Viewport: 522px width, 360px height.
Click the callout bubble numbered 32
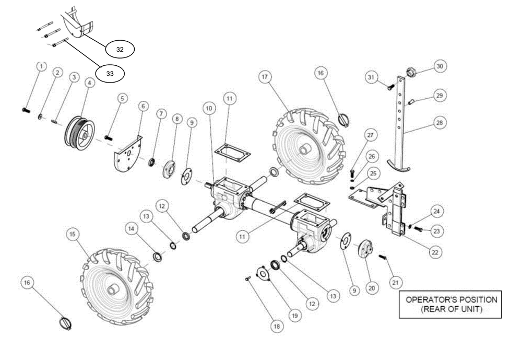click(x=120, y=49)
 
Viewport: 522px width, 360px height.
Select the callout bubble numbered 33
click(x=110, y=74)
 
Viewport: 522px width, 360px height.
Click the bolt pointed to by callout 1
click(x=26, y=110)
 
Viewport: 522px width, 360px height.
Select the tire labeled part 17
click(x=308, y=146)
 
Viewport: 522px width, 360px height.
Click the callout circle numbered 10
click(x=209, y=108)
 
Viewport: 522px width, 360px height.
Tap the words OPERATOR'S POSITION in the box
click(x=451, y=299)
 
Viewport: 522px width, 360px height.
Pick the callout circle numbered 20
click(x=372, y=287)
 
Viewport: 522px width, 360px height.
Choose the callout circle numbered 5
click(x=122, y=97)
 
